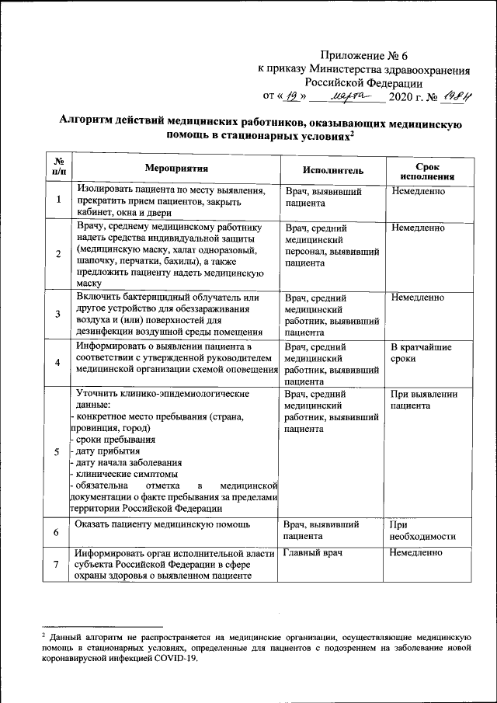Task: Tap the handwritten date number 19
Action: tap(291, 96)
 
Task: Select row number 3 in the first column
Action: tap(58, 314)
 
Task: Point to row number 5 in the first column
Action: tap(58, 453)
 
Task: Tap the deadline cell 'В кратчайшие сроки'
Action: tap(420, 353)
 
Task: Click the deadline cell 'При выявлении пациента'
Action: tap(423, 399)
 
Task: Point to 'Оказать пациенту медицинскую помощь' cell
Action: tap(162, 525)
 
